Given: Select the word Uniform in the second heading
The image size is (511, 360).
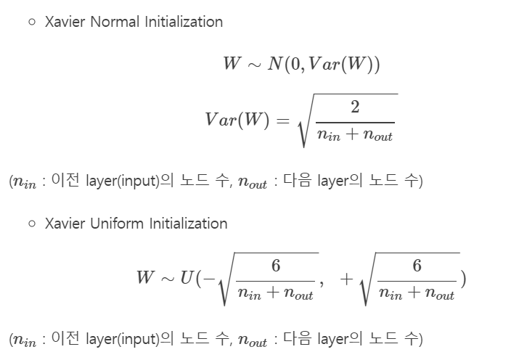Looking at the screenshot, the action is (x=118, y=224).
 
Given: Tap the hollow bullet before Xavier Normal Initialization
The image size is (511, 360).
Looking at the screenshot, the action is (x=32, y=22).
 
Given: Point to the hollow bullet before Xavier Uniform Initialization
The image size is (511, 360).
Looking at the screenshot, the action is (x=32, y=224).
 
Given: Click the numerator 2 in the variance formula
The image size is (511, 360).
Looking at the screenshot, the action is (x=354, y=108).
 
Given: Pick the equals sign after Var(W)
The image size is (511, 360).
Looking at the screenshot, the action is (x=281, y=120).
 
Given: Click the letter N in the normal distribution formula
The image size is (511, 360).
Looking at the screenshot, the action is (x=275, y=64).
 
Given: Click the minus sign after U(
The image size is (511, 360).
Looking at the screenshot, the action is (x=210, y=278).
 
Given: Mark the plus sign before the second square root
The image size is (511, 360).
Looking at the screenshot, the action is (x=346, y=278).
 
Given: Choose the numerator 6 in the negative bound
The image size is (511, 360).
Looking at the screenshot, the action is (x=276, y=266).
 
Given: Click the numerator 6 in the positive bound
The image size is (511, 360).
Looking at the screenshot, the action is (x=417, y=266).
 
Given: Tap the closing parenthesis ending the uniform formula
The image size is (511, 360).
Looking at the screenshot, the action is (x=462, y=278).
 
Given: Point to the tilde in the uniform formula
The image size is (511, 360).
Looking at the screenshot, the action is (x=167, y=278).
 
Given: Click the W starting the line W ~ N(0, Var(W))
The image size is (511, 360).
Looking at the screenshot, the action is (x=232, y=64).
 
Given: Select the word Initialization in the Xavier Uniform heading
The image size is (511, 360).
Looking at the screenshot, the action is (x=188, y=224).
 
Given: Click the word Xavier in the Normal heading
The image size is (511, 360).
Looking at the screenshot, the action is (x=65, y=22).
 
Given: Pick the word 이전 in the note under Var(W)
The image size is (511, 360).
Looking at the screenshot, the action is (x=65, y=181).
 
